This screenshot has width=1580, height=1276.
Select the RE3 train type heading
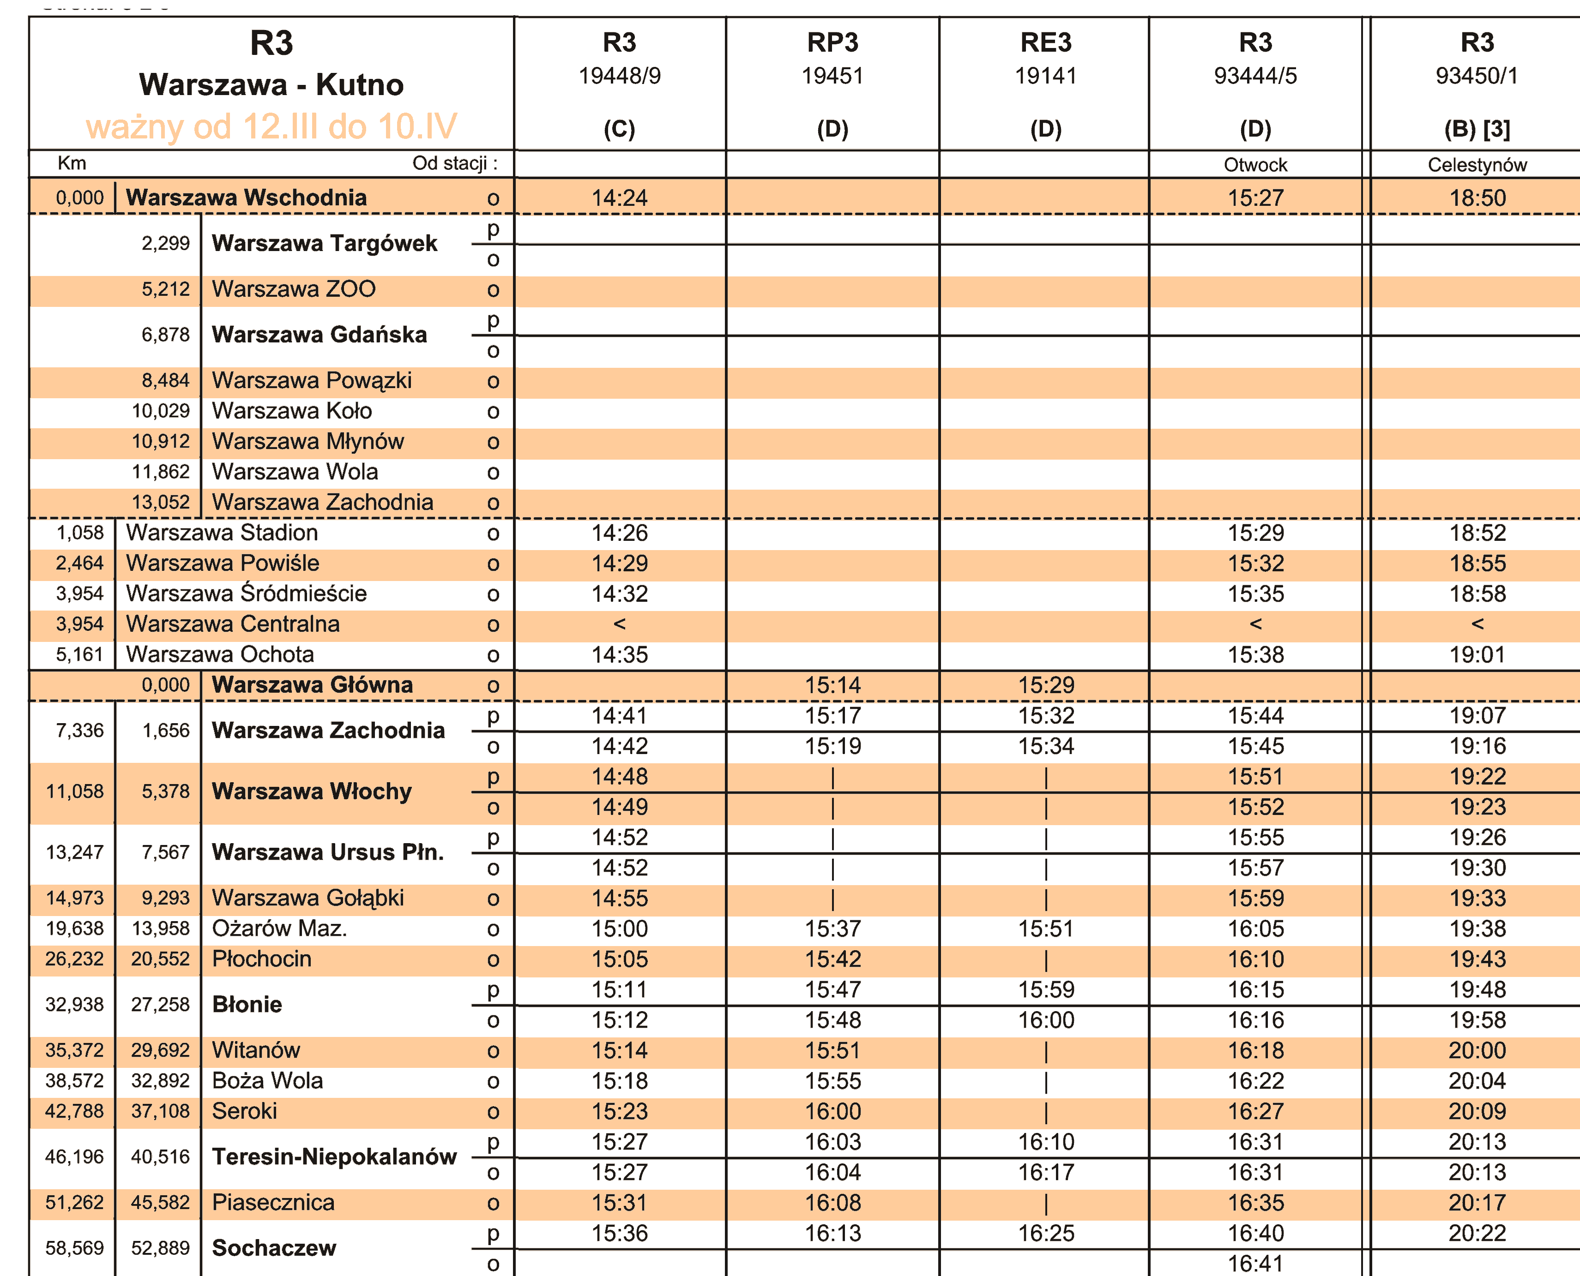pos(1045,42)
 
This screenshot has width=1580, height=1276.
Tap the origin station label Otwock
pos(1254,165)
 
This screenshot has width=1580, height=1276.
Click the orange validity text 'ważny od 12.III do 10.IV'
pos(271,126)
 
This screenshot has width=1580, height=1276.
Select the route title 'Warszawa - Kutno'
pos(271,84)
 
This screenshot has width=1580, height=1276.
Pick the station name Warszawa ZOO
pos(293,289)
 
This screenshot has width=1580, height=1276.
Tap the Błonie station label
pos(247,1004)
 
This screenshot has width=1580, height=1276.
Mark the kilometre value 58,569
pos(74,1247)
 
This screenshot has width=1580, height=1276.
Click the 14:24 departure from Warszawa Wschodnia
pos(619,198)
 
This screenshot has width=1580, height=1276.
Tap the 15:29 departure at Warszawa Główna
pos(1045,685)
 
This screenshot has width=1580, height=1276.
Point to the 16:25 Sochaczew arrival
pos(1045,1233)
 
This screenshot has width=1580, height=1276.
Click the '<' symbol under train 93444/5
pos(1255,624)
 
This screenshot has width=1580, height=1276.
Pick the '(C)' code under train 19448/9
pos(619,129)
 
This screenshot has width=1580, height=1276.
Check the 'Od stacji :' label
pos(454,163)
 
